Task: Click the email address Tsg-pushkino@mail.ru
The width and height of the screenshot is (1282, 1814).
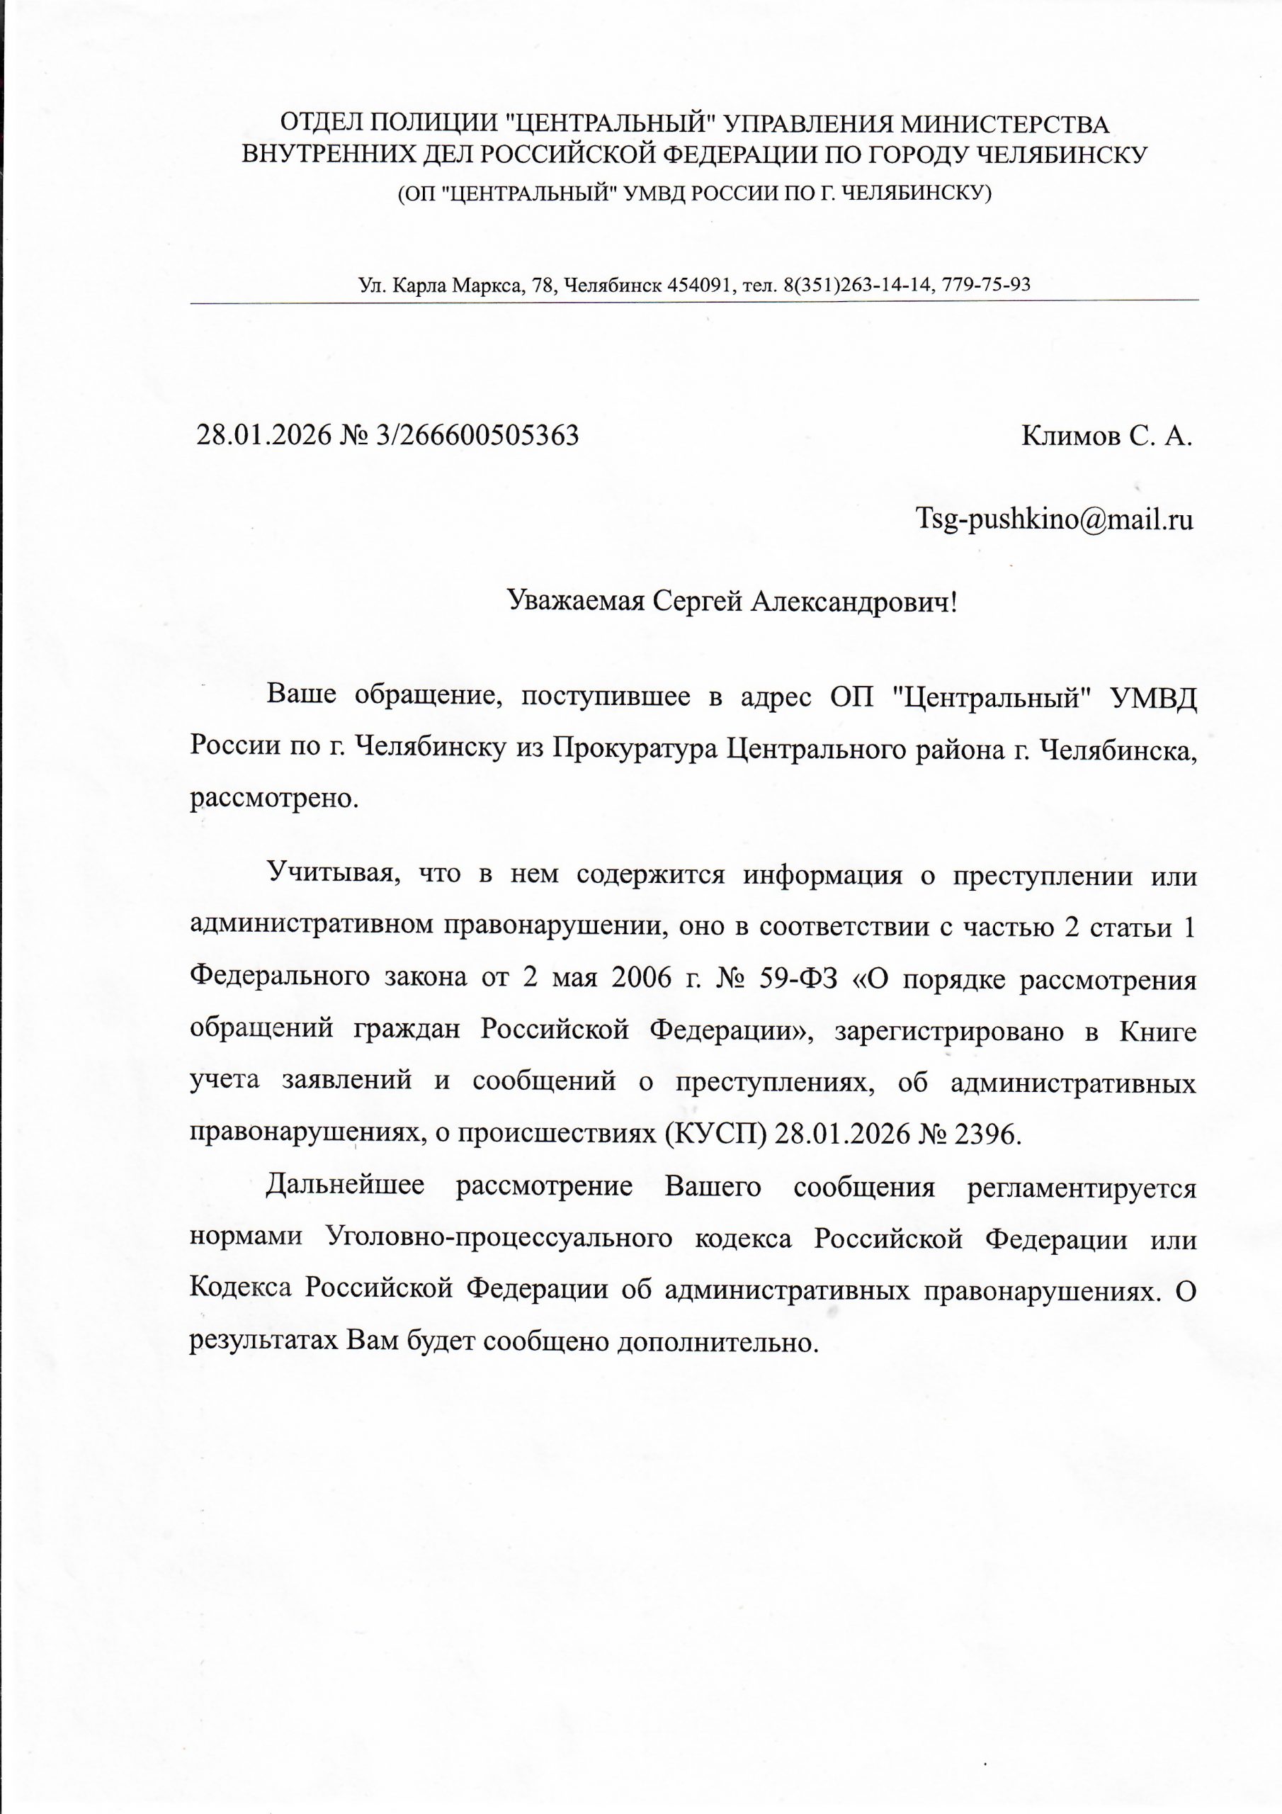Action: click(x=1054, y=519)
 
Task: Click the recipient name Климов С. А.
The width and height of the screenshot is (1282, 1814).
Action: click(x=1106, y=435)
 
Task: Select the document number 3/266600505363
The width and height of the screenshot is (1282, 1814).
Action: click(x=478, y=435)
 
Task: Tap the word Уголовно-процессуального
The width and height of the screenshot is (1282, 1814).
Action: click(x=499, y=1238)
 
